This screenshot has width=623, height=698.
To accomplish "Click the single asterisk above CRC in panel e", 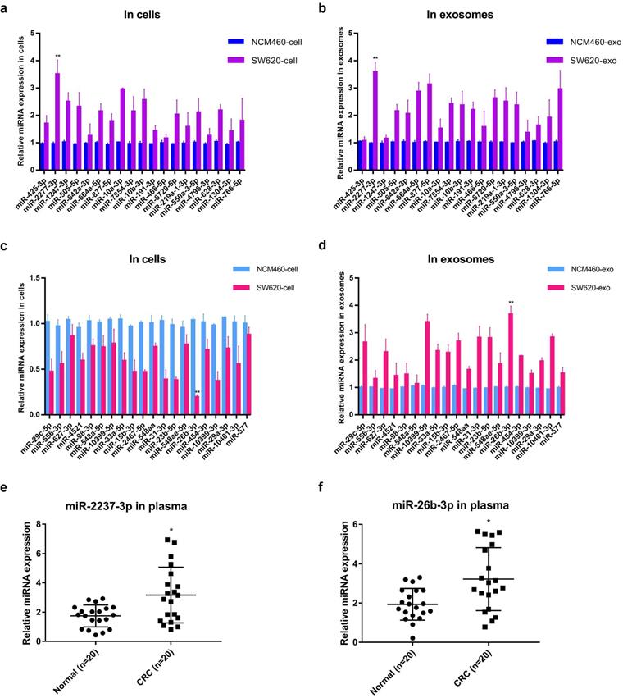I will click(171, 530).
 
